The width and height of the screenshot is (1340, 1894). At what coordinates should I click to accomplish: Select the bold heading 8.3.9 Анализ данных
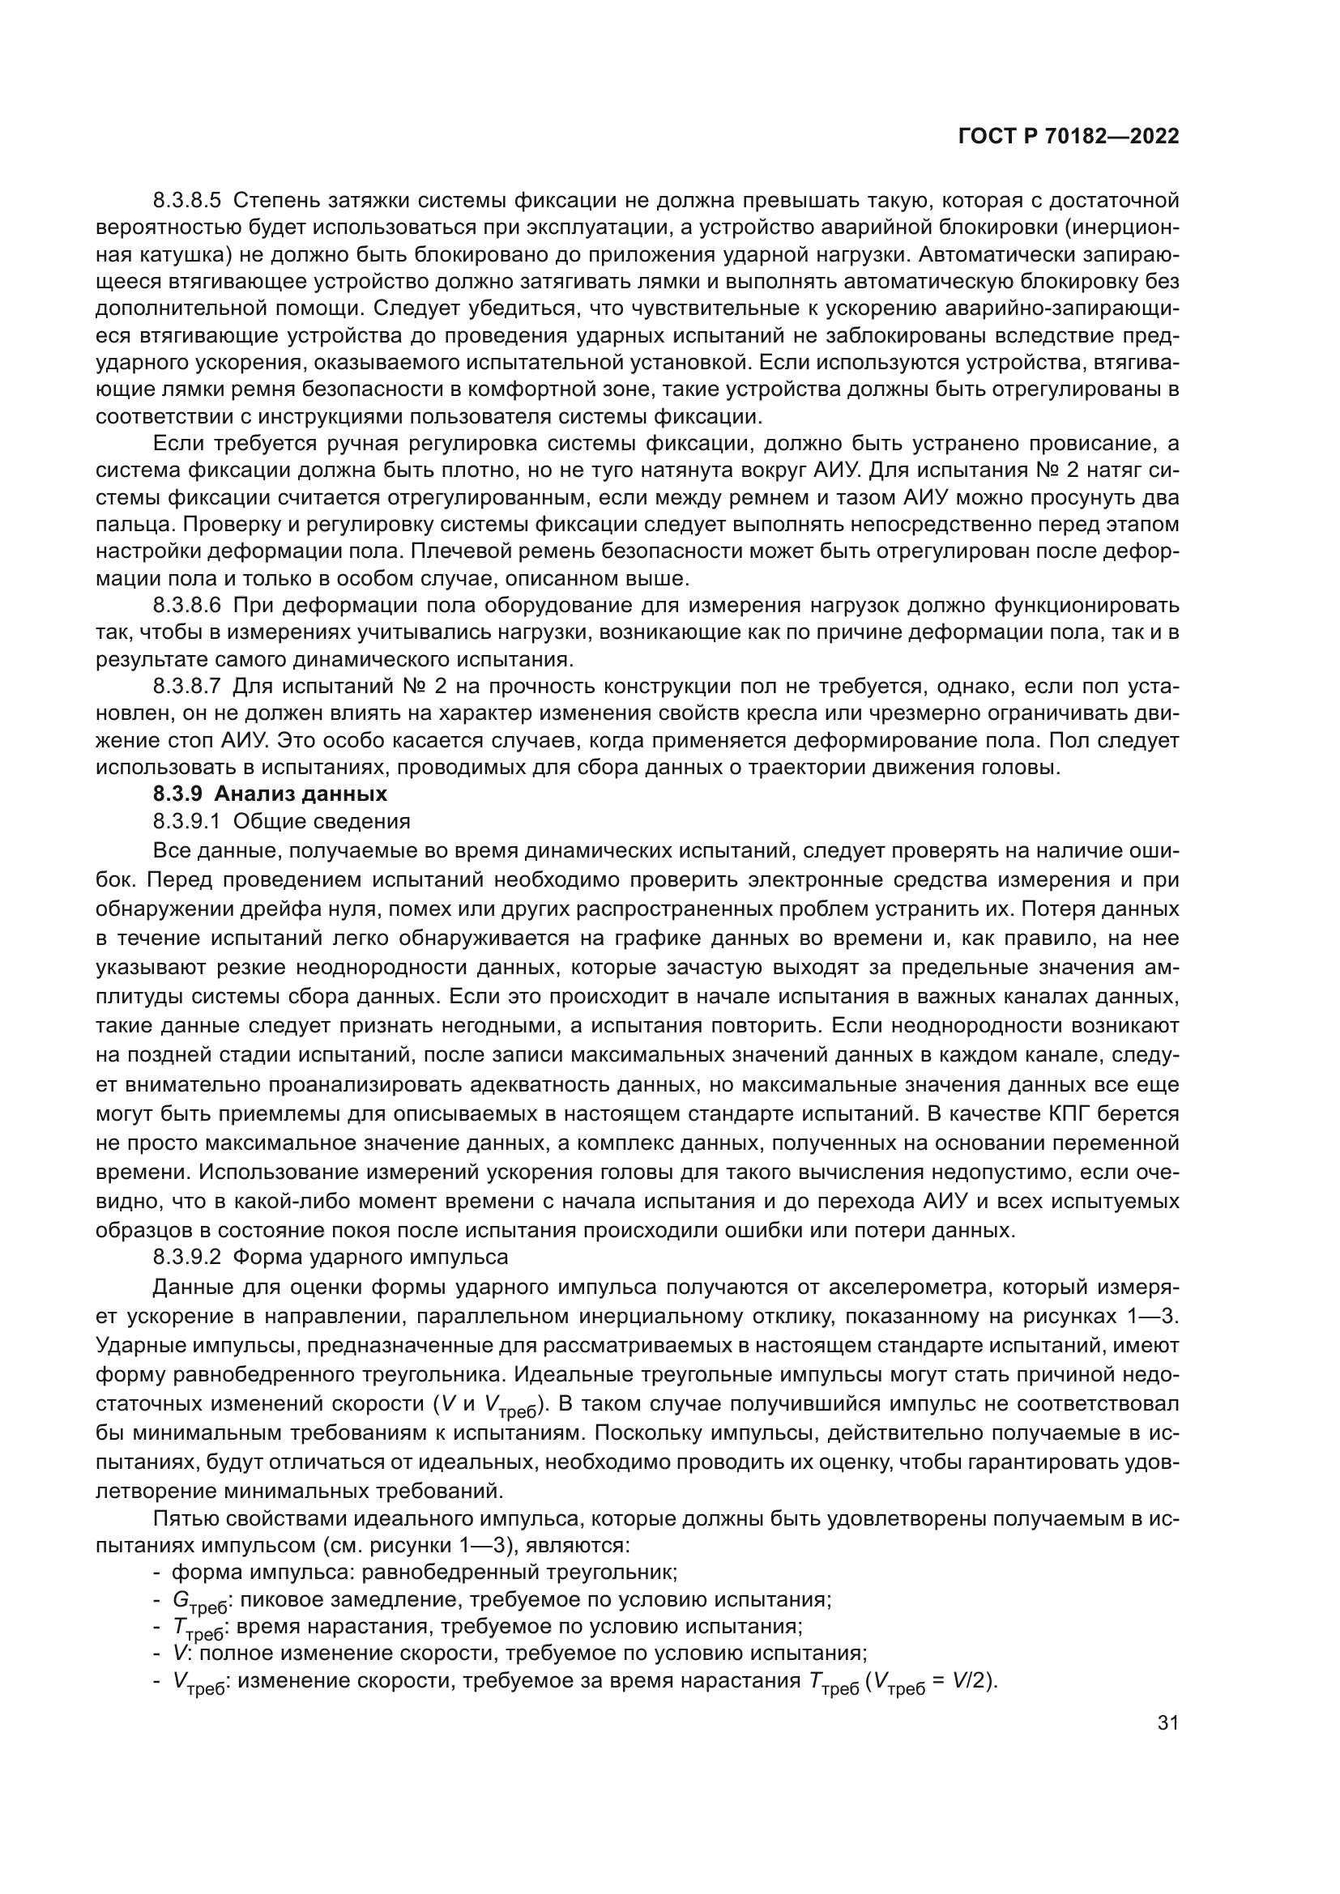[x=270, y=794]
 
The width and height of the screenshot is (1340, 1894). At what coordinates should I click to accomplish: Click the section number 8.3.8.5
[x=187, y=201]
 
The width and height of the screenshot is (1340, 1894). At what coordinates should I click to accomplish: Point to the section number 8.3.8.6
[x=187, y=606]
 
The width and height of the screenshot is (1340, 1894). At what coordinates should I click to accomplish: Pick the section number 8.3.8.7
[x=187, y=687]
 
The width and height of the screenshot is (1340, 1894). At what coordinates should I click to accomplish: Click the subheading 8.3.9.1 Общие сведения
[x=281, y=822]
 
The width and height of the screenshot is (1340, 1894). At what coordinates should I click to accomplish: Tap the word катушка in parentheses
[x=168, y=254]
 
